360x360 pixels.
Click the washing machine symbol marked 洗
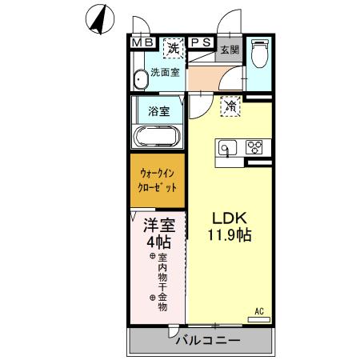tap(173, 49)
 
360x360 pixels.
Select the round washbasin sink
tap(142, 78)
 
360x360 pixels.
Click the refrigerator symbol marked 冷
tap(230, 106)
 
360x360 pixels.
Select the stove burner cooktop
tap(254, 147)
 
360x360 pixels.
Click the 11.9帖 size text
tap(228, 236)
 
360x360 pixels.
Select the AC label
tap(259, 310)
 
